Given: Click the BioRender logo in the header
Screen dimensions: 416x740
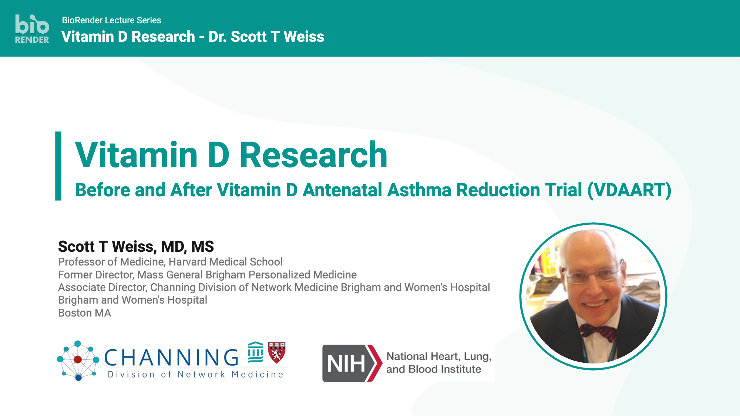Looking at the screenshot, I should pyautogui.click(x=32, y=29).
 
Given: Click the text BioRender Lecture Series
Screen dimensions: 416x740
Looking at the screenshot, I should pyautogui.click(x=111, y=20).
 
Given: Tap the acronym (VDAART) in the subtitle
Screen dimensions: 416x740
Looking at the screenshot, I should pyautogui.click(x=629, y=190).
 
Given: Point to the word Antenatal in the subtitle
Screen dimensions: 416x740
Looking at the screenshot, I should pyautogui.click(x=342, y=190).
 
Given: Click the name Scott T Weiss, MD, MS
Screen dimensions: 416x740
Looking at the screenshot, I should pyautogui.click(x=136, y=246).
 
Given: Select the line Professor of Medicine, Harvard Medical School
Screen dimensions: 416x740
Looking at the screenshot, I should pyautogui.click(x=170, y=262).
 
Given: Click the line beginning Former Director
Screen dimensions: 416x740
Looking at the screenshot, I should pyautogui.click(x=207, y=275).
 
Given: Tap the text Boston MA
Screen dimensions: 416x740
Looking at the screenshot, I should pyautogui.click(x=84, y=313).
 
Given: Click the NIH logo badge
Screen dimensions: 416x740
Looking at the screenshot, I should pyautogui.click(x=351, y=363).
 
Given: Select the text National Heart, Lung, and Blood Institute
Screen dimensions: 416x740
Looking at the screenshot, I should pyautogui.click(x=439, y=363).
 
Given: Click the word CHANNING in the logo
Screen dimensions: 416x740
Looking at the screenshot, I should pyautogui.click(x=171, y=358).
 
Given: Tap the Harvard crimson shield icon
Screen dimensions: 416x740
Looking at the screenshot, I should pyautogui.click(x=276, y=352).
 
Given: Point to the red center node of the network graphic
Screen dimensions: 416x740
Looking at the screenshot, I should pyautogui.click(x=78, y=359).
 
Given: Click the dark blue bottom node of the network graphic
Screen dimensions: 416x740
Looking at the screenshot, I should pyautogui.click(x=78, y=378).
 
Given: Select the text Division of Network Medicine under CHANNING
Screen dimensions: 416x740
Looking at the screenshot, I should pyautogui.click(x=195, y=375).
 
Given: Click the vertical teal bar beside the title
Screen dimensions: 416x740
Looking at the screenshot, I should pyautogui.click(x=58, y=166).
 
